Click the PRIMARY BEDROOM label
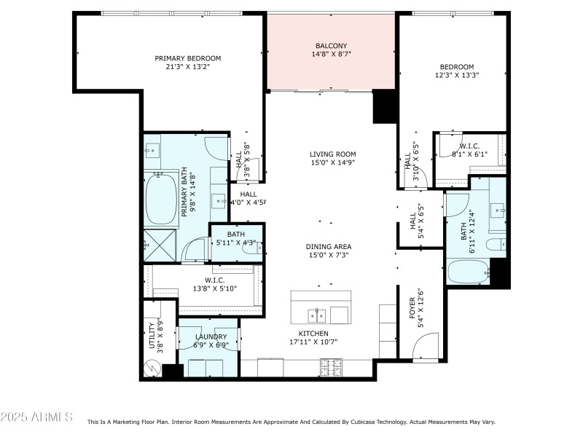click(x=187, y=58)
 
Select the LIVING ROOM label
click(x=332, y=154)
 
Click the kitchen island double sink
click(x=318, y=315)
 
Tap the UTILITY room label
click(x=152, y=335)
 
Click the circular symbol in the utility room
click(x=152, y=369)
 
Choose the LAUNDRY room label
click(x=211, y=336)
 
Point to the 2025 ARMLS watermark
click(x=36, y=417)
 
